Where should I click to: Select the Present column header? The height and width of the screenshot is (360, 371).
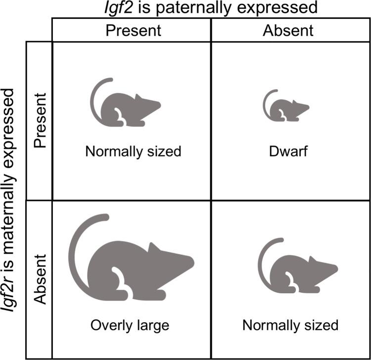133,30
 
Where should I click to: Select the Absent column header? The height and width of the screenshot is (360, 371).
288,30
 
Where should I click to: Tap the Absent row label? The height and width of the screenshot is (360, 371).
40,280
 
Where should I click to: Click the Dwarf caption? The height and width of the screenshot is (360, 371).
288,151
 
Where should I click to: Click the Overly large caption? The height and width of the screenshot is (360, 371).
130,325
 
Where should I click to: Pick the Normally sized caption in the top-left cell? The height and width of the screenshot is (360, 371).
133,151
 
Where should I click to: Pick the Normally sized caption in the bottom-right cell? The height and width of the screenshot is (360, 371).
290,325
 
